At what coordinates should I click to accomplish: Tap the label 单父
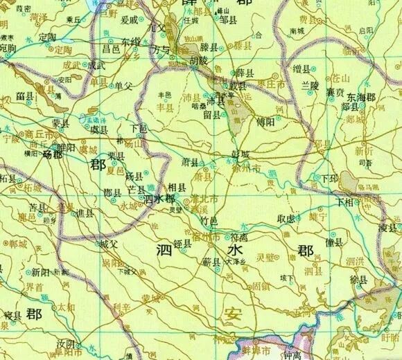click(122, 86)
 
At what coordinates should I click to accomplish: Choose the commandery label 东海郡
click(362, 98)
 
